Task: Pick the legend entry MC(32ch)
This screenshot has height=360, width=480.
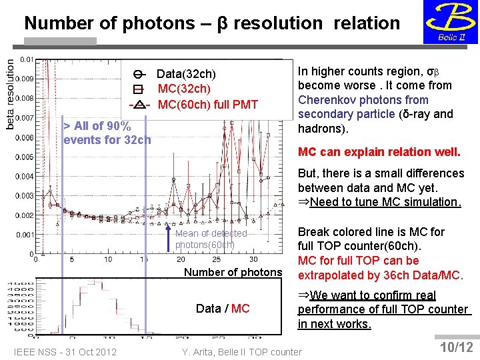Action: pos(184,89)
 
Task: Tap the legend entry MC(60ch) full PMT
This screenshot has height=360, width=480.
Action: pos(207,104)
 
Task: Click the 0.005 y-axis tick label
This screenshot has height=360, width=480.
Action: pos(25,157)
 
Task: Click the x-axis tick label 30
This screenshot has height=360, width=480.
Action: pos(253,259)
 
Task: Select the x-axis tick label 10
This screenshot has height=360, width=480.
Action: pos(108,259)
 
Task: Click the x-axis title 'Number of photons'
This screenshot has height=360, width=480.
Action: pos(233,272)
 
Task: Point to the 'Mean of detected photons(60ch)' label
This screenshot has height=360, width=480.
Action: pos(211,239)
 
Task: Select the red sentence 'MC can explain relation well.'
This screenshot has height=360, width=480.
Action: pos(379,152)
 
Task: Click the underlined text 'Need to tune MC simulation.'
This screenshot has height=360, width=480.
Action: pos(385,202)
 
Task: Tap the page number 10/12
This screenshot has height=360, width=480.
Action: pos(457,347)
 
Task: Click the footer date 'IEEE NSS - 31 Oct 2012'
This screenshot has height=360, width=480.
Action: pos(65,352)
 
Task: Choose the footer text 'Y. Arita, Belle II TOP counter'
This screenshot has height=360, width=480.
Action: pos(241,352)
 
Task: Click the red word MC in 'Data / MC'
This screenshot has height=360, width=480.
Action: pos(240,308)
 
